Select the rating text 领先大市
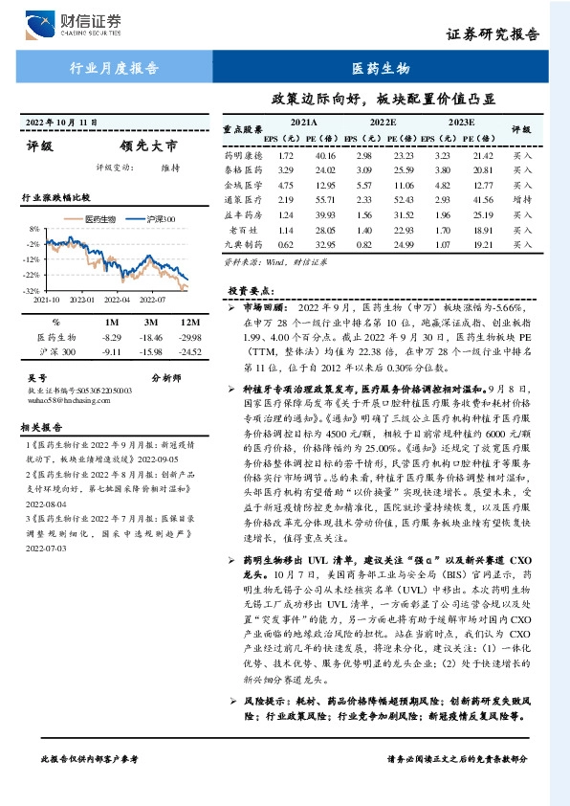click(150, 146)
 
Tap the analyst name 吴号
click(37, 378)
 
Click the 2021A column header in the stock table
click(304, 123)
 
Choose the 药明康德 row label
click(242, 155)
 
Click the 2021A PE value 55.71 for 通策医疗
click(326, 200)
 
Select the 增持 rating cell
click(521, 200)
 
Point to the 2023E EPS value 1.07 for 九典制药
click(442, 245)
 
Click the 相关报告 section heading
click(42, 428)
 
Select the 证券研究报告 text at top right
click(499, 34)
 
